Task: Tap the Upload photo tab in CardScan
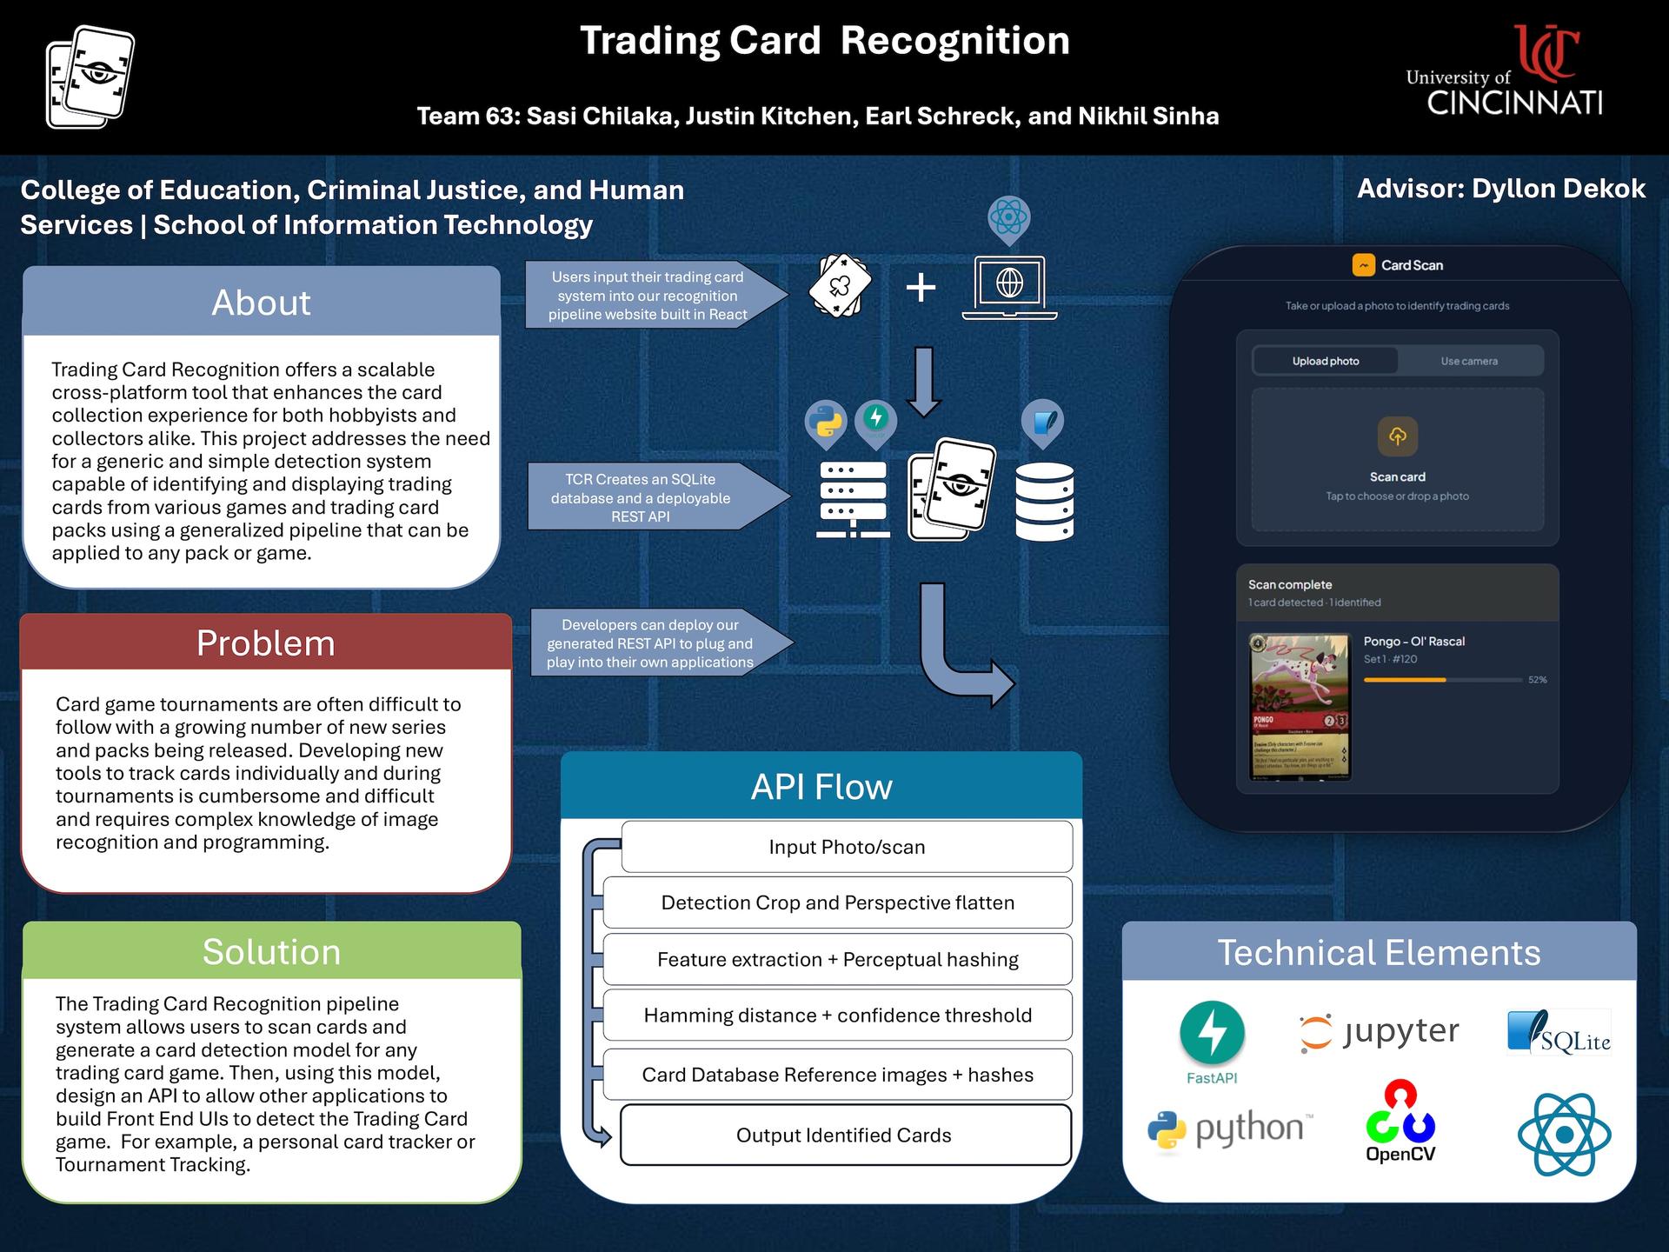pos(1325,361)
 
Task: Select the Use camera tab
pos(1469,361)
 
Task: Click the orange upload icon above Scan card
pos(1397,436)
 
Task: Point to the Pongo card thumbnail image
pos(1300,707)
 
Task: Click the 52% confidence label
pos(1537,680)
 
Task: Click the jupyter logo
pos(1379,1032)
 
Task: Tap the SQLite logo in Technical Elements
pos(1559,1033)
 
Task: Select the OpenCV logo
pos(1400,1122)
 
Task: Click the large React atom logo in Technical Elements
pos(1564,1134)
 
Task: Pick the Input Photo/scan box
pos(847,847)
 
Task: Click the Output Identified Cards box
pos(844,1135)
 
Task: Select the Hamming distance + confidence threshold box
pos(837,1016)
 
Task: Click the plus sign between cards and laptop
pos(921,287)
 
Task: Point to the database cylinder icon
pos(1044,502)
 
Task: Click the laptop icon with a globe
pos(1009,288)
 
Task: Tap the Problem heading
pos(265,643)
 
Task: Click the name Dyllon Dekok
pos(1558,189)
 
